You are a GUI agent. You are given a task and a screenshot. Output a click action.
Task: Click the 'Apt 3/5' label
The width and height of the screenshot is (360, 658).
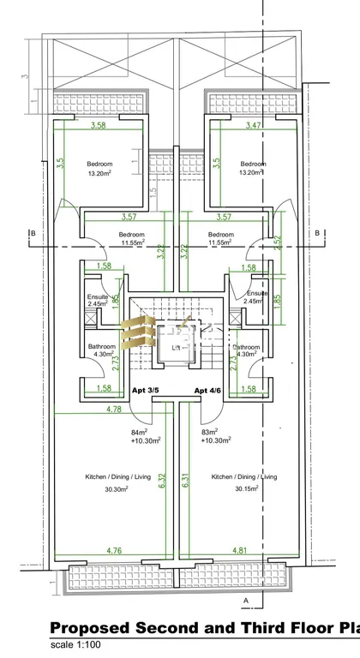point(147,391)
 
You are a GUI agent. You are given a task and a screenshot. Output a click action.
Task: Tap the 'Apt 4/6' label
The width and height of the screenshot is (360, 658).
point(208,391)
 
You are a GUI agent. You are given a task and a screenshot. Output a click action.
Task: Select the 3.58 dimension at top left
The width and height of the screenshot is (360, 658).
point(103,126)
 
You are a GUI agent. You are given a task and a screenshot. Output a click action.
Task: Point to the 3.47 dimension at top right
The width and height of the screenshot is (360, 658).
point(254,126)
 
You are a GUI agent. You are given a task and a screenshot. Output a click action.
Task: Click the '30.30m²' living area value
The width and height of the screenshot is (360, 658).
point(116,489)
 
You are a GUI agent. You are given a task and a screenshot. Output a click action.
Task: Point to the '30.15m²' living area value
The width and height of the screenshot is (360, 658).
point(244,489)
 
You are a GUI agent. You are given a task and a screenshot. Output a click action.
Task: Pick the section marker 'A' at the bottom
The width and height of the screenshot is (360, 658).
point(246,600)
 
